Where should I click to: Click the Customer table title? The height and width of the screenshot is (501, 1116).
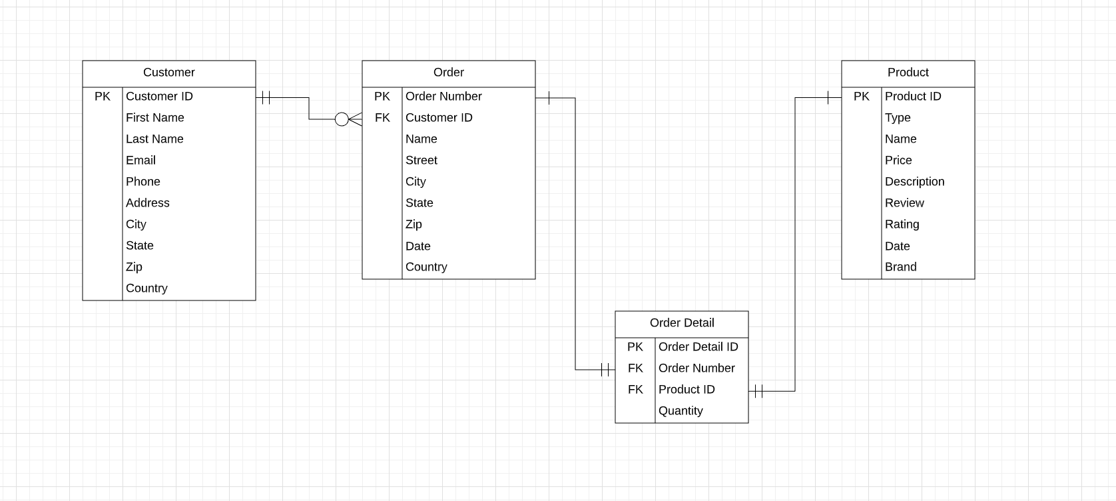point(168,73)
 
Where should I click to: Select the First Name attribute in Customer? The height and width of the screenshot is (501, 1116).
point(154,118)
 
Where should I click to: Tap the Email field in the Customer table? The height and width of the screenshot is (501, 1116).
point(140,161)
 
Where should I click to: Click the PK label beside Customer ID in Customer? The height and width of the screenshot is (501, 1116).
point(103,97)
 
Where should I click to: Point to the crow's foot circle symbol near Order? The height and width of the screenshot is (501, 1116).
point(342,119)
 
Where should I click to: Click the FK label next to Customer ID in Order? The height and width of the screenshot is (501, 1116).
point(382,118)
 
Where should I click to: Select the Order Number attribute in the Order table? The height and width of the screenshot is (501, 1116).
point(443,97)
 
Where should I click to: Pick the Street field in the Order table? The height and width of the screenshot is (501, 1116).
point(421,161)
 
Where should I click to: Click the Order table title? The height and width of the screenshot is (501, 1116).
point(448,73)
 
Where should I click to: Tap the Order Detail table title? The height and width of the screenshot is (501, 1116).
point(682,323)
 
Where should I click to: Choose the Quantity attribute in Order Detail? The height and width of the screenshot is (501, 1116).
point(680,411)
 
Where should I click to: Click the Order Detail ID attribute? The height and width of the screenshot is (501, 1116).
point(698,347)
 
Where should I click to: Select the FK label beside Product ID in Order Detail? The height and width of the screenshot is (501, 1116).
point(635,390)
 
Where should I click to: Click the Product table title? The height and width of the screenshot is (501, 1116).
point(908,73)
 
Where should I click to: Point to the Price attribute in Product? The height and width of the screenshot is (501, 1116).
point(898,161)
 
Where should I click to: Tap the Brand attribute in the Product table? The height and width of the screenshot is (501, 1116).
point(900,267)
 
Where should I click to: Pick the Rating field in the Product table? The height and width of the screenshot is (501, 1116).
point(902,225)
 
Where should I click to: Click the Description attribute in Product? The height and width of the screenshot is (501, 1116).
point(914,182)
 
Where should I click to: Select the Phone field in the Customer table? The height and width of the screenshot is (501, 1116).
point(142,182)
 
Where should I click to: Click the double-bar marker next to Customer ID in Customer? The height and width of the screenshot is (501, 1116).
point(266,98)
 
